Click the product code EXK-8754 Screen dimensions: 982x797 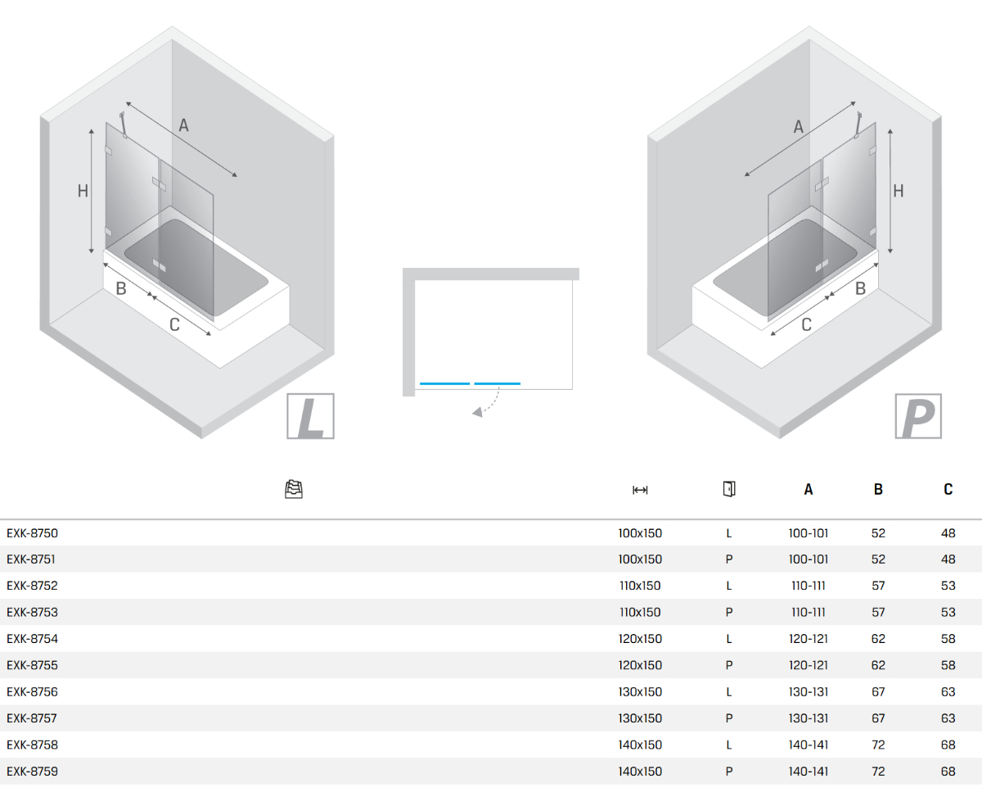32,639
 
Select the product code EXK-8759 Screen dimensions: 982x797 32,771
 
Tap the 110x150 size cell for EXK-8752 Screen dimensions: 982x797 640,586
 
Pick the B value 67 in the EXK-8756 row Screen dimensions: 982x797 878,692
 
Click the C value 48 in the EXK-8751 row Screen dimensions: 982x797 948,559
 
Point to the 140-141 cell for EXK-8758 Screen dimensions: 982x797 809,745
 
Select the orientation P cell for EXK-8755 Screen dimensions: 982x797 729,665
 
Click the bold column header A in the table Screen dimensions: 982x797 809,489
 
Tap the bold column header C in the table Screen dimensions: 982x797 948,489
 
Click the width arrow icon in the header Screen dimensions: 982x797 640,490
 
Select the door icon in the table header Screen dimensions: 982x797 729,489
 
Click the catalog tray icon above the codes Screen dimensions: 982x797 294,489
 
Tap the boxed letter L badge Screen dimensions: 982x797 310,416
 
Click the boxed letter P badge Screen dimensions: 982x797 918,416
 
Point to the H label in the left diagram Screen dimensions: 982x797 83,191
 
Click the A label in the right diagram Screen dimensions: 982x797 799,126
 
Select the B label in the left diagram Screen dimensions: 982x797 121,288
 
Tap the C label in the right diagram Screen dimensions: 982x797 806,324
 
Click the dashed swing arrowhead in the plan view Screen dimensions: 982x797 478,412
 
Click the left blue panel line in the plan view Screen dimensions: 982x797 444,383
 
